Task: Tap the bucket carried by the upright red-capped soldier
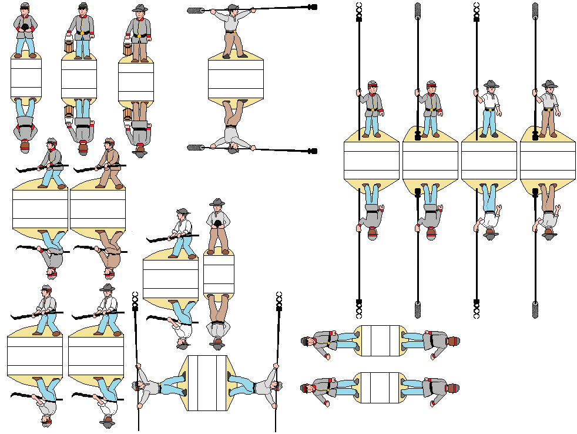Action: (x=68, y=44)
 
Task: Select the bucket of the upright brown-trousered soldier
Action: (x=128, y=46)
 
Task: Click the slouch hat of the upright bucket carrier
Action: (x=139, y=8)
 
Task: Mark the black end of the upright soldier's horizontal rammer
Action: (x=313, y=7)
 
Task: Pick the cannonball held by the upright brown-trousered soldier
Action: (x=218, y=224)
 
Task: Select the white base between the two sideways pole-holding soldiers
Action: (x=207, y=383)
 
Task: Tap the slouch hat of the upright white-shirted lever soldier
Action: (x=107, y=288)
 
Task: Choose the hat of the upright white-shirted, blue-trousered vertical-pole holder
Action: (x=489, y=84)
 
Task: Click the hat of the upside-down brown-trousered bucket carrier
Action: (x=140, y=151)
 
